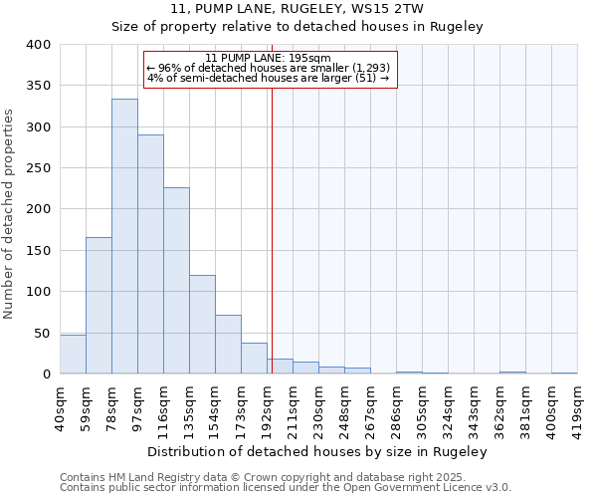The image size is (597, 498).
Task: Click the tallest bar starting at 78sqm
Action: coord(124,236)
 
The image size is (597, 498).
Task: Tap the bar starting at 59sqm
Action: coord(99,306)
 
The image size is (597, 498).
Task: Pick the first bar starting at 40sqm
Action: coord(73,354)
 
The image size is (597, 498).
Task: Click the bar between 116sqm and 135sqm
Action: coord(176,281)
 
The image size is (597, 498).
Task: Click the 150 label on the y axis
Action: coord(38,251)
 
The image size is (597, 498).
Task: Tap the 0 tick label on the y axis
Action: coord(46,374)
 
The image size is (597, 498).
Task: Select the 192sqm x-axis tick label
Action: coord(267,406)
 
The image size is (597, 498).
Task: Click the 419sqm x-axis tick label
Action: coord(577,406)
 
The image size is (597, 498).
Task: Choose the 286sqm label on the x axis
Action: coord(396,406)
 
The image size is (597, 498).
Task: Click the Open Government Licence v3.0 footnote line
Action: coord(286,488)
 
